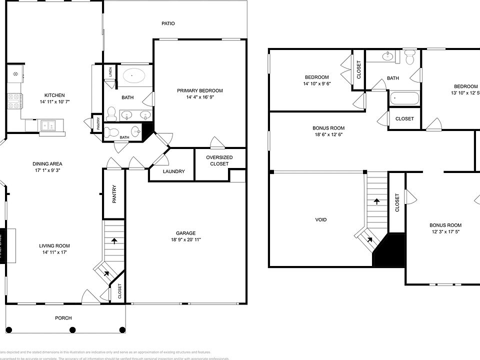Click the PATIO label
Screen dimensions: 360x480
168,23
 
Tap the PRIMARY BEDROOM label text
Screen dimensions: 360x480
200,90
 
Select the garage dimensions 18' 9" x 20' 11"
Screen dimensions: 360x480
185,239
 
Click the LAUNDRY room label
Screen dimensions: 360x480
174,171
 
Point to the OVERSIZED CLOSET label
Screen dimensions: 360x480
219,160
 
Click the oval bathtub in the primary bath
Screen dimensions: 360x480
133,76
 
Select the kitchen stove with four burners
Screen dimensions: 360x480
14,101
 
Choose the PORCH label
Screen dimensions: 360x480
63,318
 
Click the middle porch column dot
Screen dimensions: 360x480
72,329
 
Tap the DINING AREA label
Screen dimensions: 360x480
47,163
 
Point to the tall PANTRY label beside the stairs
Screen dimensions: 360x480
114,193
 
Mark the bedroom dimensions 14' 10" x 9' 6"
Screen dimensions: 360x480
316,84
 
